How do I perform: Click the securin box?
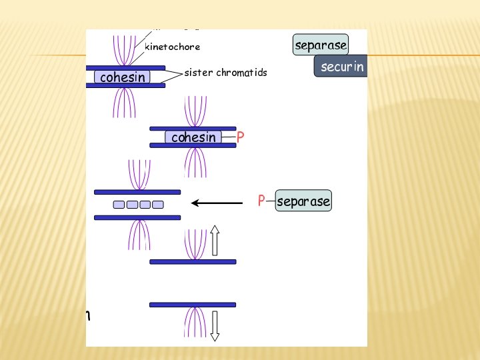341,67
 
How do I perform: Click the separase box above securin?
321,45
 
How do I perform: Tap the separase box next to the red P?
303,201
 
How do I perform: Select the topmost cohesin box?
123,77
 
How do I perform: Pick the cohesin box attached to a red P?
194,137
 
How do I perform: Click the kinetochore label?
172,47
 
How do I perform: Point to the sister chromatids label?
225,73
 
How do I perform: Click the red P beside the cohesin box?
240,137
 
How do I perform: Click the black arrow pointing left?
217,202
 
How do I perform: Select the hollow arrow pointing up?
215,241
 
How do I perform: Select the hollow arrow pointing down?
215,326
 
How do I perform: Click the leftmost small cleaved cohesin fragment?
119,205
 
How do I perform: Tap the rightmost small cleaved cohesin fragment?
157,205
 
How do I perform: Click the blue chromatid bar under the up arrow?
193,261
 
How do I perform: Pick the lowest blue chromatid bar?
193,305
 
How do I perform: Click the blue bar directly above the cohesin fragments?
137,192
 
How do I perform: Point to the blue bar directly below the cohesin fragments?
137,217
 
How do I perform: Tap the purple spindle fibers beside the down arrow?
193,321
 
